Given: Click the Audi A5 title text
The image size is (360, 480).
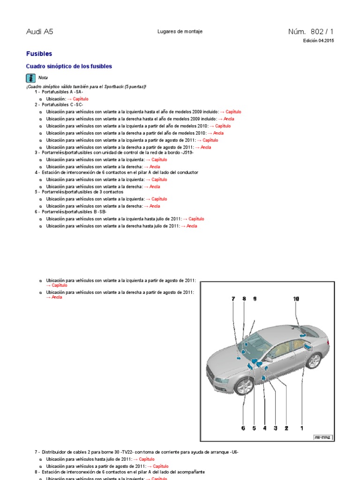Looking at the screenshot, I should click(39, 32).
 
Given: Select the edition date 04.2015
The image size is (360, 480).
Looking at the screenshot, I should click(326, 41).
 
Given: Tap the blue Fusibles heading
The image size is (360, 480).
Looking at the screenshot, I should click(39, 54).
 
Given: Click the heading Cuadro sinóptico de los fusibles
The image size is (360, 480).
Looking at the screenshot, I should click(69, 67).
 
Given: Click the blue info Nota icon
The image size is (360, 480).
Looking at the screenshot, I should click(30, 78).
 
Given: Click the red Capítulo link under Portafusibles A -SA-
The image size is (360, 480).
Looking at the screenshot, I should click(77, 99).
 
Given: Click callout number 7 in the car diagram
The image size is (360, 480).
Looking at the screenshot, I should click(232, 299).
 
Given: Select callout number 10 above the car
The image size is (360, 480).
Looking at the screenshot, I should click(296, 299).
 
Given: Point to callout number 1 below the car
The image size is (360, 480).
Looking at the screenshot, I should click(302, 427).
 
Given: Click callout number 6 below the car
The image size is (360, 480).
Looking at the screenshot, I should click(243, 427).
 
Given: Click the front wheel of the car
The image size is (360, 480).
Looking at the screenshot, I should click(244, 386).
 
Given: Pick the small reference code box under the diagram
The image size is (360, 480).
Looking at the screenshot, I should click(322, 437).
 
